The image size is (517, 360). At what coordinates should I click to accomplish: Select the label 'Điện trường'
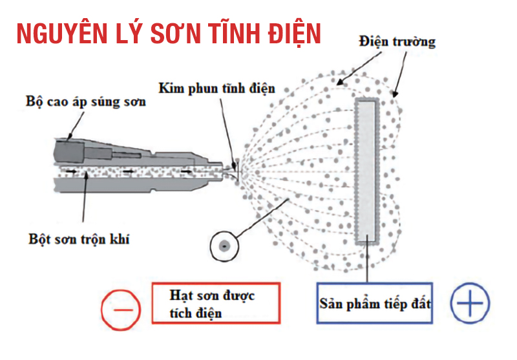click(x=397, y=42)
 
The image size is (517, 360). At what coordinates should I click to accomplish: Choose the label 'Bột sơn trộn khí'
click(x=78, y=240)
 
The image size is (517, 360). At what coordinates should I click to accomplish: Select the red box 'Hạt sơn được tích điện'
click(x=215, y=302)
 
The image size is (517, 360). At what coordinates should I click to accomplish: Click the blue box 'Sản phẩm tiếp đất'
click(x=375, y=302)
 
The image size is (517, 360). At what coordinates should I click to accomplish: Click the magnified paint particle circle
click(x=224, y=246)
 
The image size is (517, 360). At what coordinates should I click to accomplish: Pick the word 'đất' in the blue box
click(x=418, y=302)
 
